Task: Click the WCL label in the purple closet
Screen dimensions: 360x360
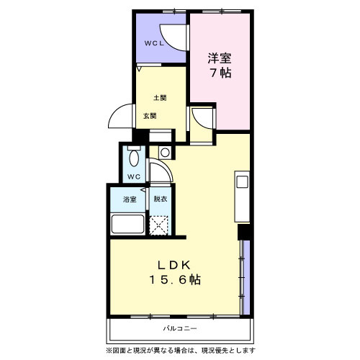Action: tap(154, 43)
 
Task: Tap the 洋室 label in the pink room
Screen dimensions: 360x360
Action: tap(220, 58)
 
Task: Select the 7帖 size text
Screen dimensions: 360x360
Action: tap(221, 73)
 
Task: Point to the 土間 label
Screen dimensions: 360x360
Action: tap(160, 98)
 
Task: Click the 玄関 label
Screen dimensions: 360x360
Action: tap(150, 116)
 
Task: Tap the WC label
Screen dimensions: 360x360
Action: tap(134, 177)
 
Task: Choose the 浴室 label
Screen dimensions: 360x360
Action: tap(130, 199)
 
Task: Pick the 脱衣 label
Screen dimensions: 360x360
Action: tap(161, 199)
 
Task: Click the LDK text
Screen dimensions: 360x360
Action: tap(174, 265)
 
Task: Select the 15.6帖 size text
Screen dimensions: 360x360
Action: tap(175, 280)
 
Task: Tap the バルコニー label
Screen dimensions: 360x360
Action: tap(180, 328)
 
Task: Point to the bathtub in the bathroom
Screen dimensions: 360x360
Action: tap(128, 224)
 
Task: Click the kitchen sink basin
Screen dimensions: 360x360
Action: tap(242, 181)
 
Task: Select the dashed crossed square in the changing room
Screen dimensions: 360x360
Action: tap(158, 225)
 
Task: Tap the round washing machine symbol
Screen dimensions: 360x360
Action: tap(165, 153)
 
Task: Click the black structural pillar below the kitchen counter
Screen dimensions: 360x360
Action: tap(244, 232)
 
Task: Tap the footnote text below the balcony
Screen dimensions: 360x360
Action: tap(181, 351)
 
